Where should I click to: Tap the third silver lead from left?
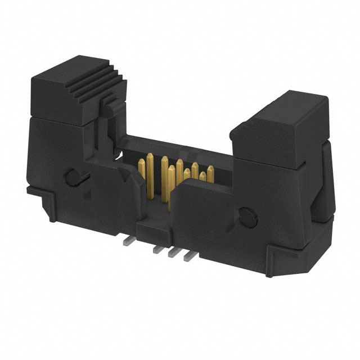tap(174, 253)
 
